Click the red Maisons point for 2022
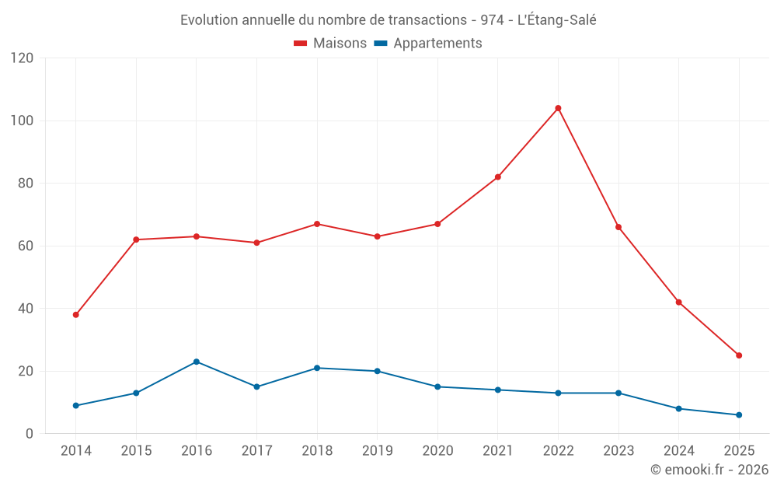(558, 108)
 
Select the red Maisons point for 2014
(75, 315)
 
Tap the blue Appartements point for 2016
(197, 362)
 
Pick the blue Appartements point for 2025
(739, 414)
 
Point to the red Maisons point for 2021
(497, 177)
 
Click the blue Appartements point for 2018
(317, 368)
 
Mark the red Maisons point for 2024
(679, 302)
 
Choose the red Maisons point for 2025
(739, 355)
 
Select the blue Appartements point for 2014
(75, 405)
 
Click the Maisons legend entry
(330, 44)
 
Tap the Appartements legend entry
(428, 44)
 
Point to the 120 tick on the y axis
(23, 58)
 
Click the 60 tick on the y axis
(26, 246)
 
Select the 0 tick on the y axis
(30, 434)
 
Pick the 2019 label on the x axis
(377, 451)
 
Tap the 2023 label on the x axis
(618, 451)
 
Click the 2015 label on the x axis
(136, 451)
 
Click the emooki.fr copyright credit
(709, 470)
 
